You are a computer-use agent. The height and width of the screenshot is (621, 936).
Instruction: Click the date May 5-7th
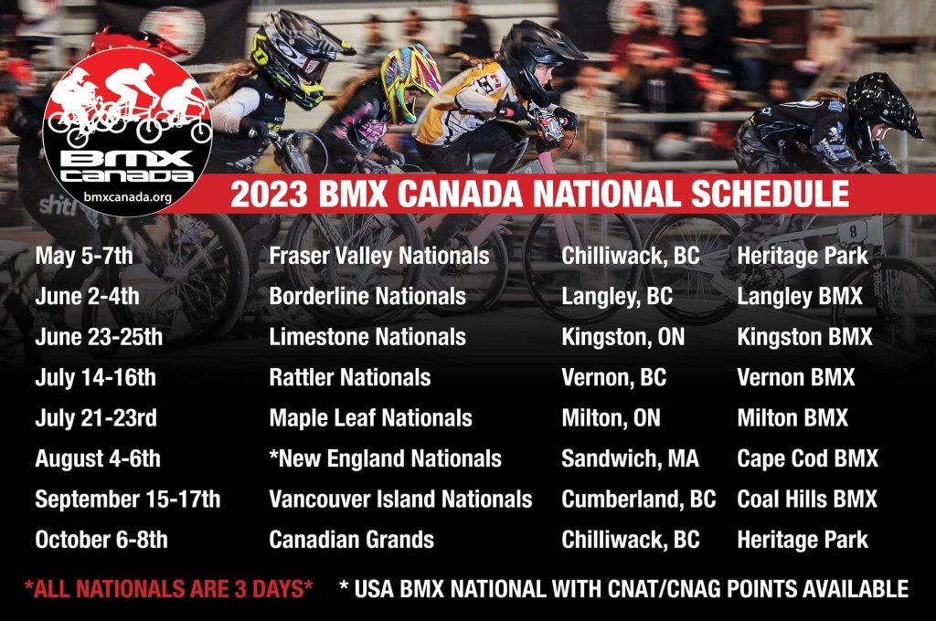(x=84, y=256)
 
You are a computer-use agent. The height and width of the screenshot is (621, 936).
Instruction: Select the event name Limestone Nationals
(x=367, y=337)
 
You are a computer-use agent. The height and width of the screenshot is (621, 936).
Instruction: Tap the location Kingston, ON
(x=622, y=338)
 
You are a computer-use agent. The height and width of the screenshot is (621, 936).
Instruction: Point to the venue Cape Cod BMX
(x=808, y=458)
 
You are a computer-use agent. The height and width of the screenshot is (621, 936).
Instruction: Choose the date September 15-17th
(x=128, y=500)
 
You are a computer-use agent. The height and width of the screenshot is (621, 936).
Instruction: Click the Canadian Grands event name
(x=352, y=540)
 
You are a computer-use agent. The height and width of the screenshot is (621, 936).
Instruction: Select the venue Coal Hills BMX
(x=807, y=500)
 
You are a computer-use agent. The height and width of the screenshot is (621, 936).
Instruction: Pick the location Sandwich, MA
(x=630, y=458)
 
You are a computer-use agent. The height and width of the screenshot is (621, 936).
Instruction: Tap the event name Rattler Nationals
(x=350, y=377)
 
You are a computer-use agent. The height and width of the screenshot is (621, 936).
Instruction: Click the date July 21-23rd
(x=96, y=418)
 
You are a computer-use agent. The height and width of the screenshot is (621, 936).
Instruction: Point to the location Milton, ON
(x=611, y=418)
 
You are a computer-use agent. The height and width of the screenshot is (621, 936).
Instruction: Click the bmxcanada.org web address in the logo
(x=127, y=197)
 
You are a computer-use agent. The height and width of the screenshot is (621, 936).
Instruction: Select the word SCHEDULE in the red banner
(x=770, y=194)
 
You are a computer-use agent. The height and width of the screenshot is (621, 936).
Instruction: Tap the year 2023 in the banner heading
(x=269, y=194)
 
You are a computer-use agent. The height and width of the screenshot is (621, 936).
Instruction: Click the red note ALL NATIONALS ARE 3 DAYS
(x=169, y=589)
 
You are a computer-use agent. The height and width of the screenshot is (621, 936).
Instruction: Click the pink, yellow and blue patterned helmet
(x=410, y=80)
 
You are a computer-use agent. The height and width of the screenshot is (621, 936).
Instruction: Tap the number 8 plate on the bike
(x=853, y=231)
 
